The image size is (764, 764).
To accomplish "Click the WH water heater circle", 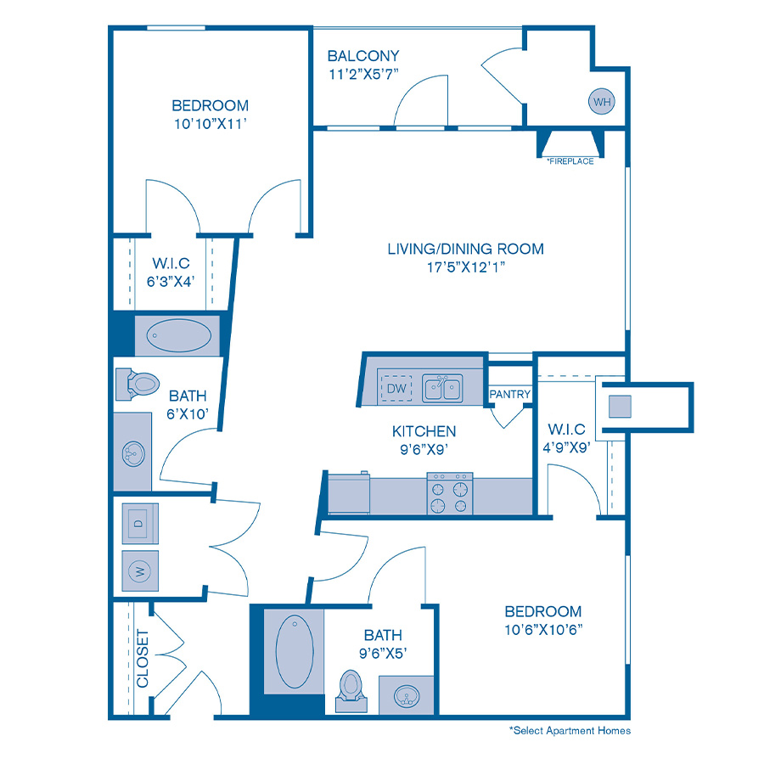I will tap(602, 102).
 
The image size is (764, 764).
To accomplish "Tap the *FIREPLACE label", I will tap(570, 161).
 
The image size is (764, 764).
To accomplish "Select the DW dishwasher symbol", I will tap(396, 389).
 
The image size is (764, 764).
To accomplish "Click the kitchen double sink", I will tap(443, 389).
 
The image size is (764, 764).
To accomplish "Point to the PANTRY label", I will tap(510, 394).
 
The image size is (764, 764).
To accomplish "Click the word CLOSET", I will tap(142, 659).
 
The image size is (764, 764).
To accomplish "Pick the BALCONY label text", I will tap(363, 57).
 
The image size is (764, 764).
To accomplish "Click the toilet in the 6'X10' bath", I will tap(137, 384).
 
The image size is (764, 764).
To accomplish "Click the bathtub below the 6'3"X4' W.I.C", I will tap(179, 336).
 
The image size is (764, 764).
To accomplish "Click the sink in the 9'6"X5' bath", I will tap(408, 696).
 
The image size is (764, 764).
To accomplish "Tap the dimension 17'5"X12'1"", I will tap(465, 267).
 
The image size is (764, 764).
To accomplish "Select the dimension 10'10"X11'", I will tap(210, 123).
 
